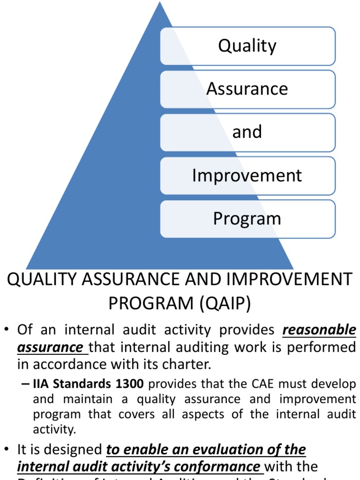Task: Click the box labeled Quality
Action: (247, 46)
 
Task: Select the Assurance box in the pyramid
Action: (247, 89)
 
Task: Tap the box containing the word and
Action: (247, 132)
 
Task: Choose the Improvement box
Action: (247, 176)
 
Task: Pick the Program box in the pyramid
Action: (247, 219)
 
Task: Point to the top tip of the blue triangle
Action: (160, 3)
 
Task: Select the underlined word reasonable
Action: (319, 330)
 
